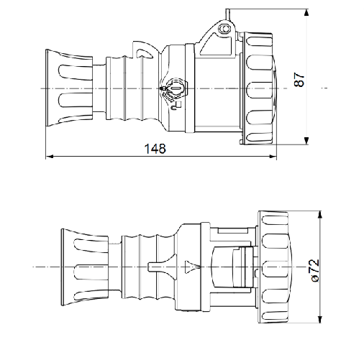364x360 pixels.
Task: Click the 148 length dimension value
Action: pyautogui.click(x=155, y=149)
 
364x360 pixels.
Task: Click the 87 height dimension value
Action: pyautogui.click(x=299, y=79)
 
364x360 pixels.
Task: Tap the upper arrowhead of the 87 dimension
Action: pyautogui.click(x=306, y=13)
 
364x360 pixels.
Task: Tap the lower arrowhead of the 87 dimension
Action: pyautogui.click(x=306, y=141)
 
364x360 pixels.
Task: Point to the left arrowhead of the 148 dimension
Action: pyautogui.click(x=50, y=157)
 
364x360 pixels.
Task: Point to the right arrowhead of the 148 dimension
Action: pyautogui.click(x=273, y=157)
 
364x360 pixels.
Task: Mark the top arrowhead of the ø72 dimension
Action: pyautogui.click(x=319, y=215)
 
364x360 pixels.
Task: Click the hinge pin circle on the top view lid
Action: pyautogui.click(x=224, y=29)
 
